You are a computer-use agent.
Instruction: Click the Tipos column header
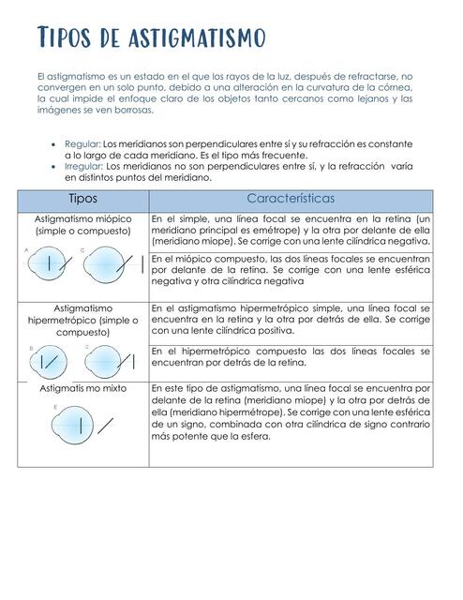point(83,200)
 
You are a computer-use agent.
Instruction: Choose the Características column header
point(291,200)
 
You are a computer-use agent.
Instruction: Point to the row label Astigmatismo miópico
point(83,218)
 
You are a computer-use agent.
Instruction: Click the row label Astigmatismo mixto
point(82,387)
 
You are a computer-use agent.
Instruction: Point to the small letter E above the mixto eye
point(56,407)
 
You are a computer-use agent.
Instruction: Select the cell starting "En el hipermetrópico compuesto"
point(291,357)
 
